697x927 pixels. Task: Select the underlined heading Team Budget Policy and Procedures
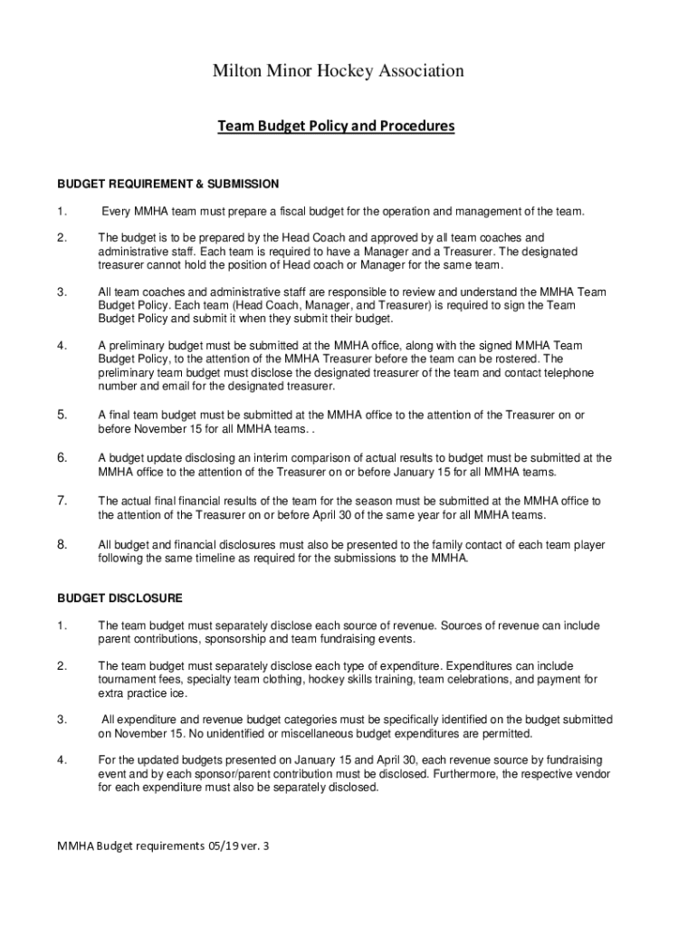336,126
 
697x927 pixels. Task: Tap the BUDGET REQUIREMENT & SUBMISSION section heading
168,184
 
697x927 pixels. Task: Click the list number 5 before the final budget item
62,415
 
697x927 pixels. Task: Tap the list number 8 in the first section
62,545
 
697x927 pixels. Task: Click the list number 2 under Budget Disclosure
62,666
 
